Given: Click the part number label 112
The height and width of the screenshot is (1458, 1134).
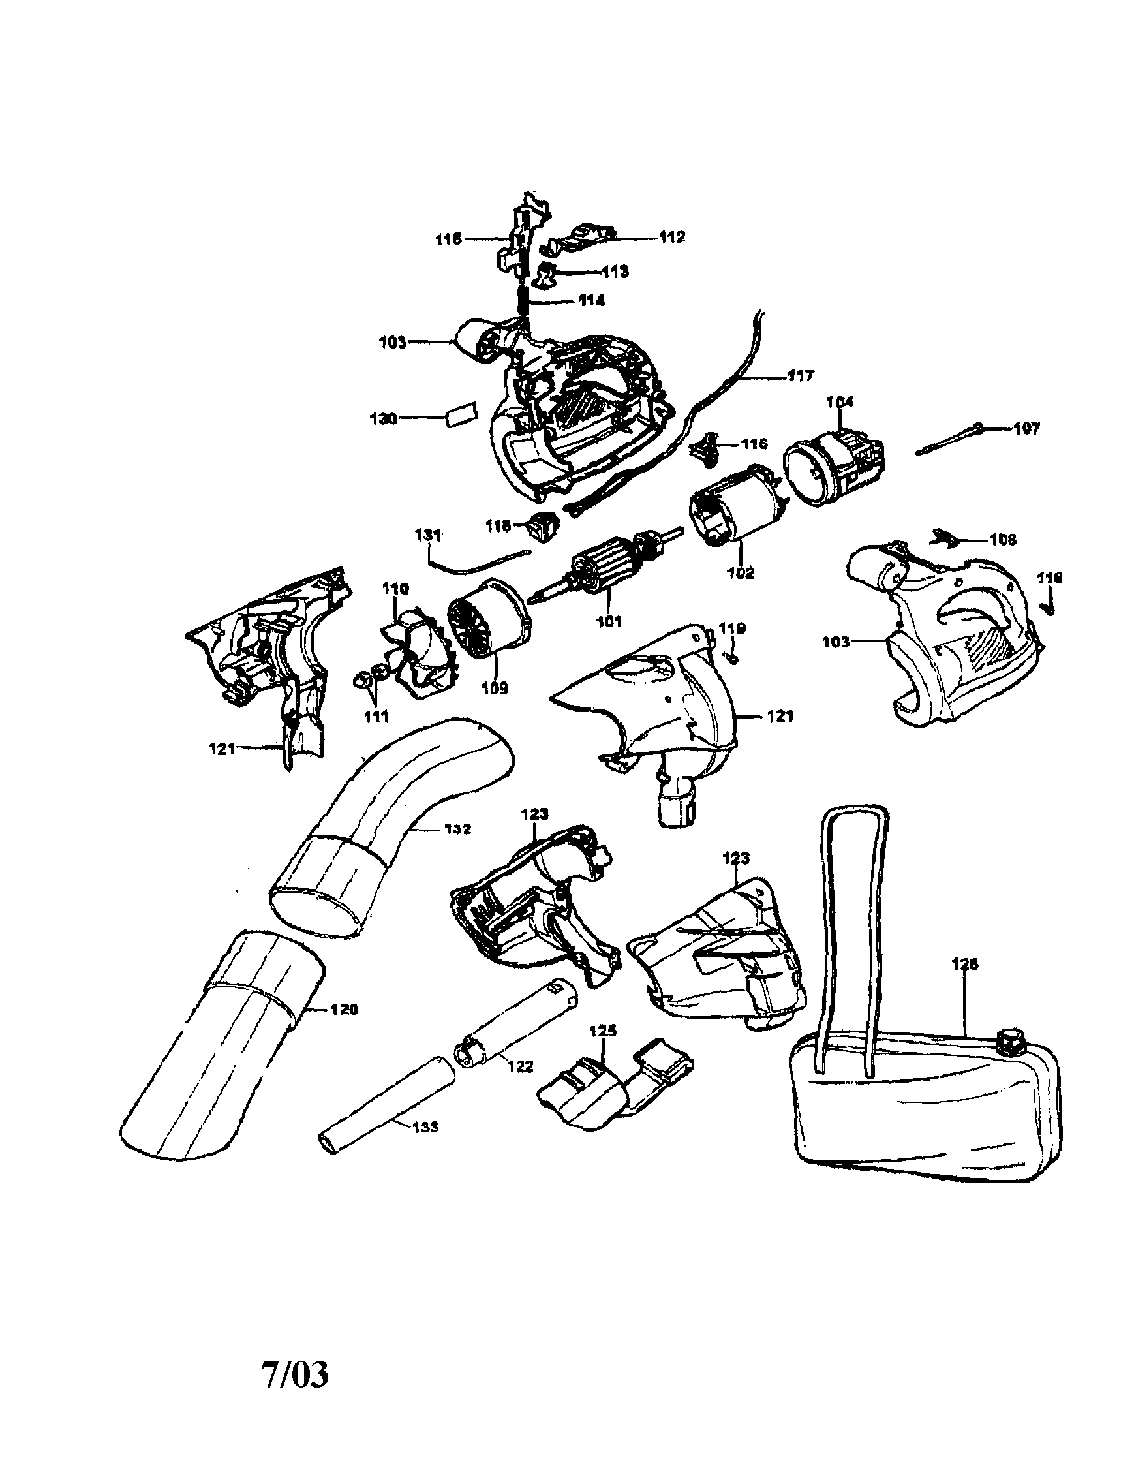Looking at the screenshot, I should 671,237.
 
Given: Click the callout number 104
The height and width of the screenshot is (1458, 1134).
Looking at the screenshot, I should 840,401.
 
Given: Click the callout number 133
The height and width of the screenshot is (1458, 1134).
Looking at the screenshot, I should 425,1128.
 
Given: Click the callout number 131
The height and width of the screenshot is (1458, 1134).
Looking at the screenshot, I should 428,535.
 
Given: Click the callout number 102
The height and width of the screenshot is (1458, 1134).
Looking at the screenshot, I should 740,572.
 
